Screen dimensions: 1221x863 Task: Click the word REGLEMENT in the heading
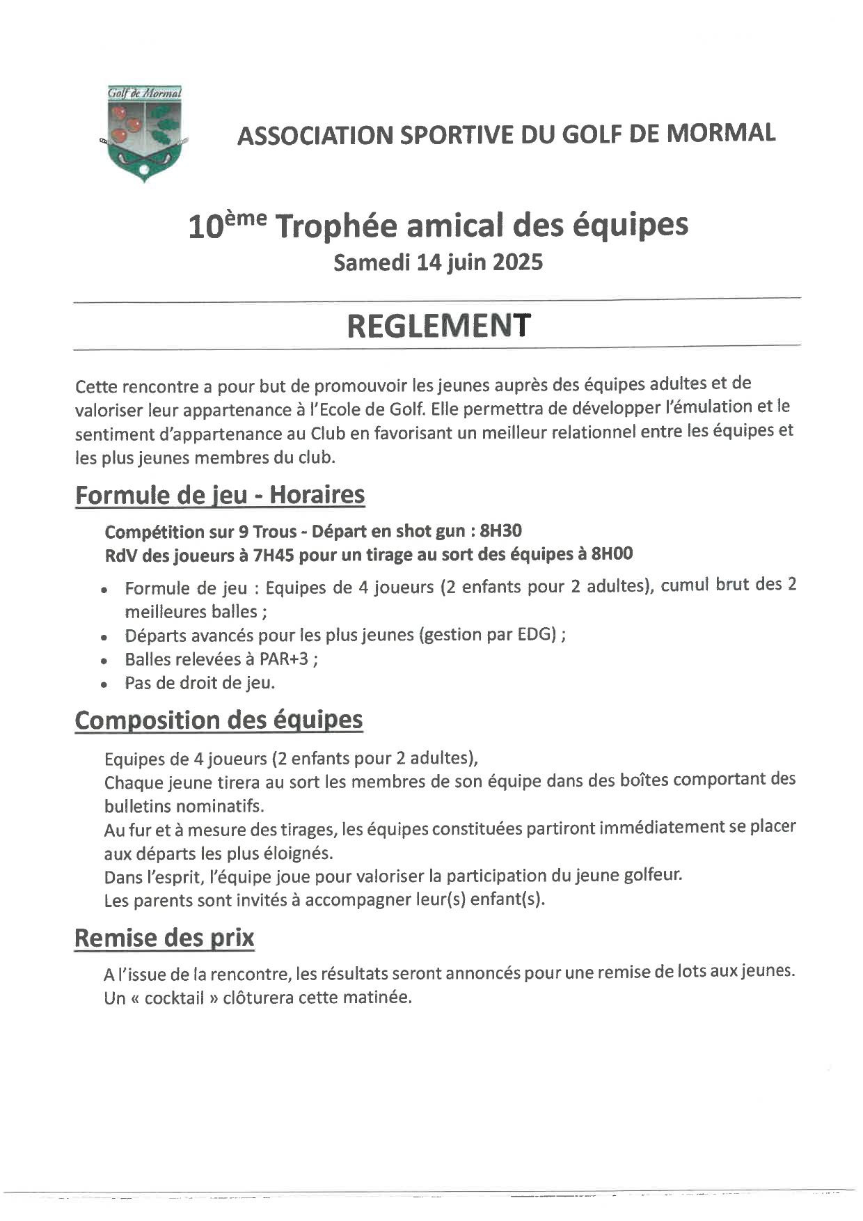click(438, 325)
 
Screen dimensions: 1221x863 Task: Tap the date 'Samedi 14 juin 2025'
click(438, 263)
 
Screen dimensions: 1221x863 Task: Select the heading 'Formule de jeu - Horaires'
click(220, 495)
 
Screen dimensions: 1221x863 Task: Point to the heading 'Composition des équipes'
click(219, 720)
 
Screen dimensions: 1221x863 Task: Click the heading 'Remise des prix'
click(164, 938)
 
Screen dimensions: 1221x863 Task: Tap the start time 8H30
click(501, 531)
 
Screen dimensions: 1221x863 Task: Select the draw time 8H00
click(612, 554)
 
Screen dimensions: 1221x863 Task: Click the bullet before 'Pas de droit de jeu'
click(104, 685)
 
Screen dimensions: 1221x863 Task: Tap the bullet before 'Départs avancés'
click(104, 637)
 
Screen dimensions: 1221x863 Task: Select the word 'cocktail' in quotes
click(174, 998)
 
